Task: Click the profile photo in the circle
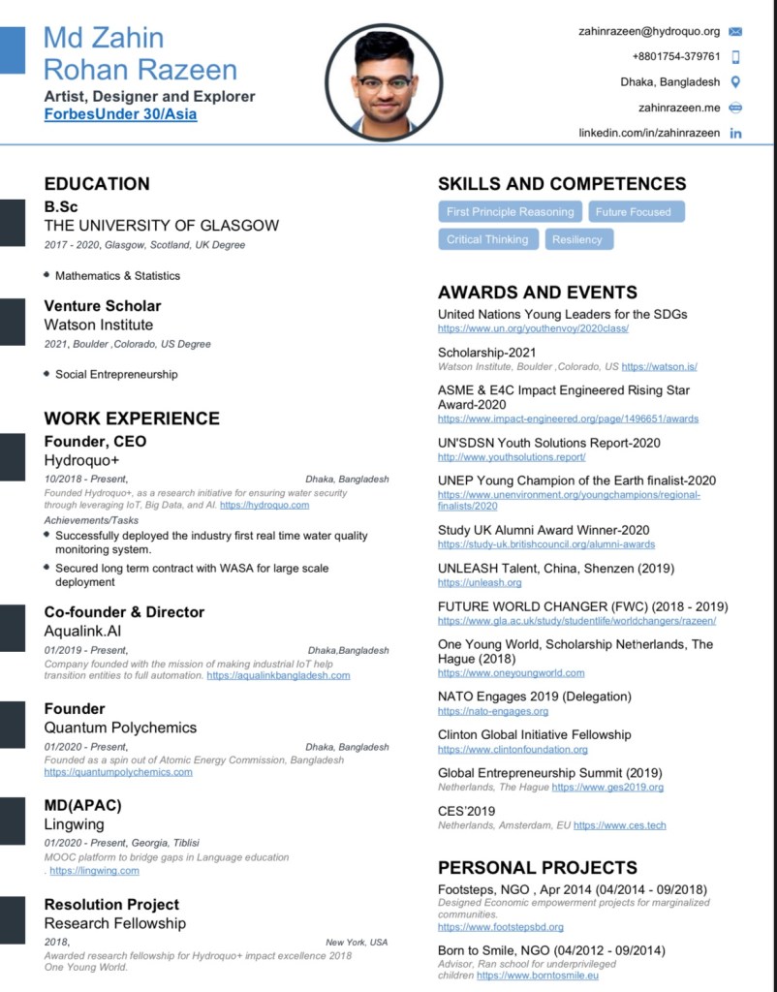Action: (x=384, y=82)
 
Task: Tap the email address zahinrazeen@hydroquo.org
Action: (x=649, y=31)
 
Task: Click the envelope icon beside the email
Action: (x=735, y=32)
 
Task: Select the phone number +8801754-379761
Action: (x=676, y=56)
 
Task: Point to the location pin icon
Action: (x=735, y=82)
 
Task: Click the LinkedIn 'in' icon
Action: (x=735, y=133)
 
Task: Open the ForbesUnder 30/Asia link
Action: (x=120, y=114)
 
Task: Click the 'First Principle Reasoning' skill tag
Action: (x=511, y=212)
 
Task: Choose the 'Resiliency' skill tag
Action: (x=577, y=239)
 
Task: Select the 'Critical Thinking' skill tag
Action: (x=487, y=239)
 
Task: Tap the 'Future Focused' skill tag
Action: (x=633, y=212)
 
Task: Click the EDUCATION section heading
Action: (x=97, y=184)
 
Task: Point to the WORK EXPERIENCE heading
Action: (x=132, y=418)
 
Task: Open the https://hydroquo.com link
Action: (x=264, y=505)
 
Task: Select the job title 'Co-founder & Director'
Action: (x=124, y=612)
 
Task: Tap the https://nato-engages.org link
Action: (x=493, y=711)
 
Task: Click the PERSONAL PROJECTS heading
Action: (x=538, y=867)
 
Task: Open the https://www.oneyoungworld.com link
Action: (x=511, y=672)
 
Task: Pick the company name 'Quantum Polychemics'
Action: (x=120, y=728)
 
